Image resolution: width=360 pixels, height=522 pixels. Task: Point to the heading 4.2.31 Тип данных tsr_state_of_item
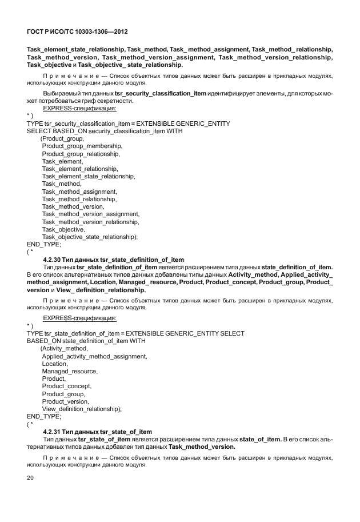point(97,431)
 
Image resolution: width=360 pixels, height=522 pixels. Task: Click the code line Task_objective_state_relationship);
point(90,236)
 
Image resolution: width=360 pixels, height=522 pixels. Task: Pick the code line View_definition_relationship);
point(82,409)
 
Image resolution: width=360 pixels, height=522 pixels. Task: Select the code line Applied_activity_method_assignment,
point(94,356)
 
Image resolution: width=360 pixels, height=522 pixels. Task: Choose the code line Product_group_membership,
point(82,146)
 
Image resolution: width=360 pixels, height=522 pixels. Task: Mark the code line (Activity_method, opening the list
point(64,349)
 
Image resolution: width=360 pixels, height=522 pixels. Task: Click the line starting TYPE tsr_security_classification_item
point(129,123)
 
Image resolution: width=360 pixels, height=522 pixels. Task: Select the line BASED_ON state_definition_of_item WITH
point(86,341)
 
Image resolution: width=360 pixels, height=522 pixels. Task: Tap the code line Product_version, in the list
point(65,401)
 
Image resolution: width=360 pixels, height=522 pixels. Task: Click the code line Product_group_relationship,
point(81,154)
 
